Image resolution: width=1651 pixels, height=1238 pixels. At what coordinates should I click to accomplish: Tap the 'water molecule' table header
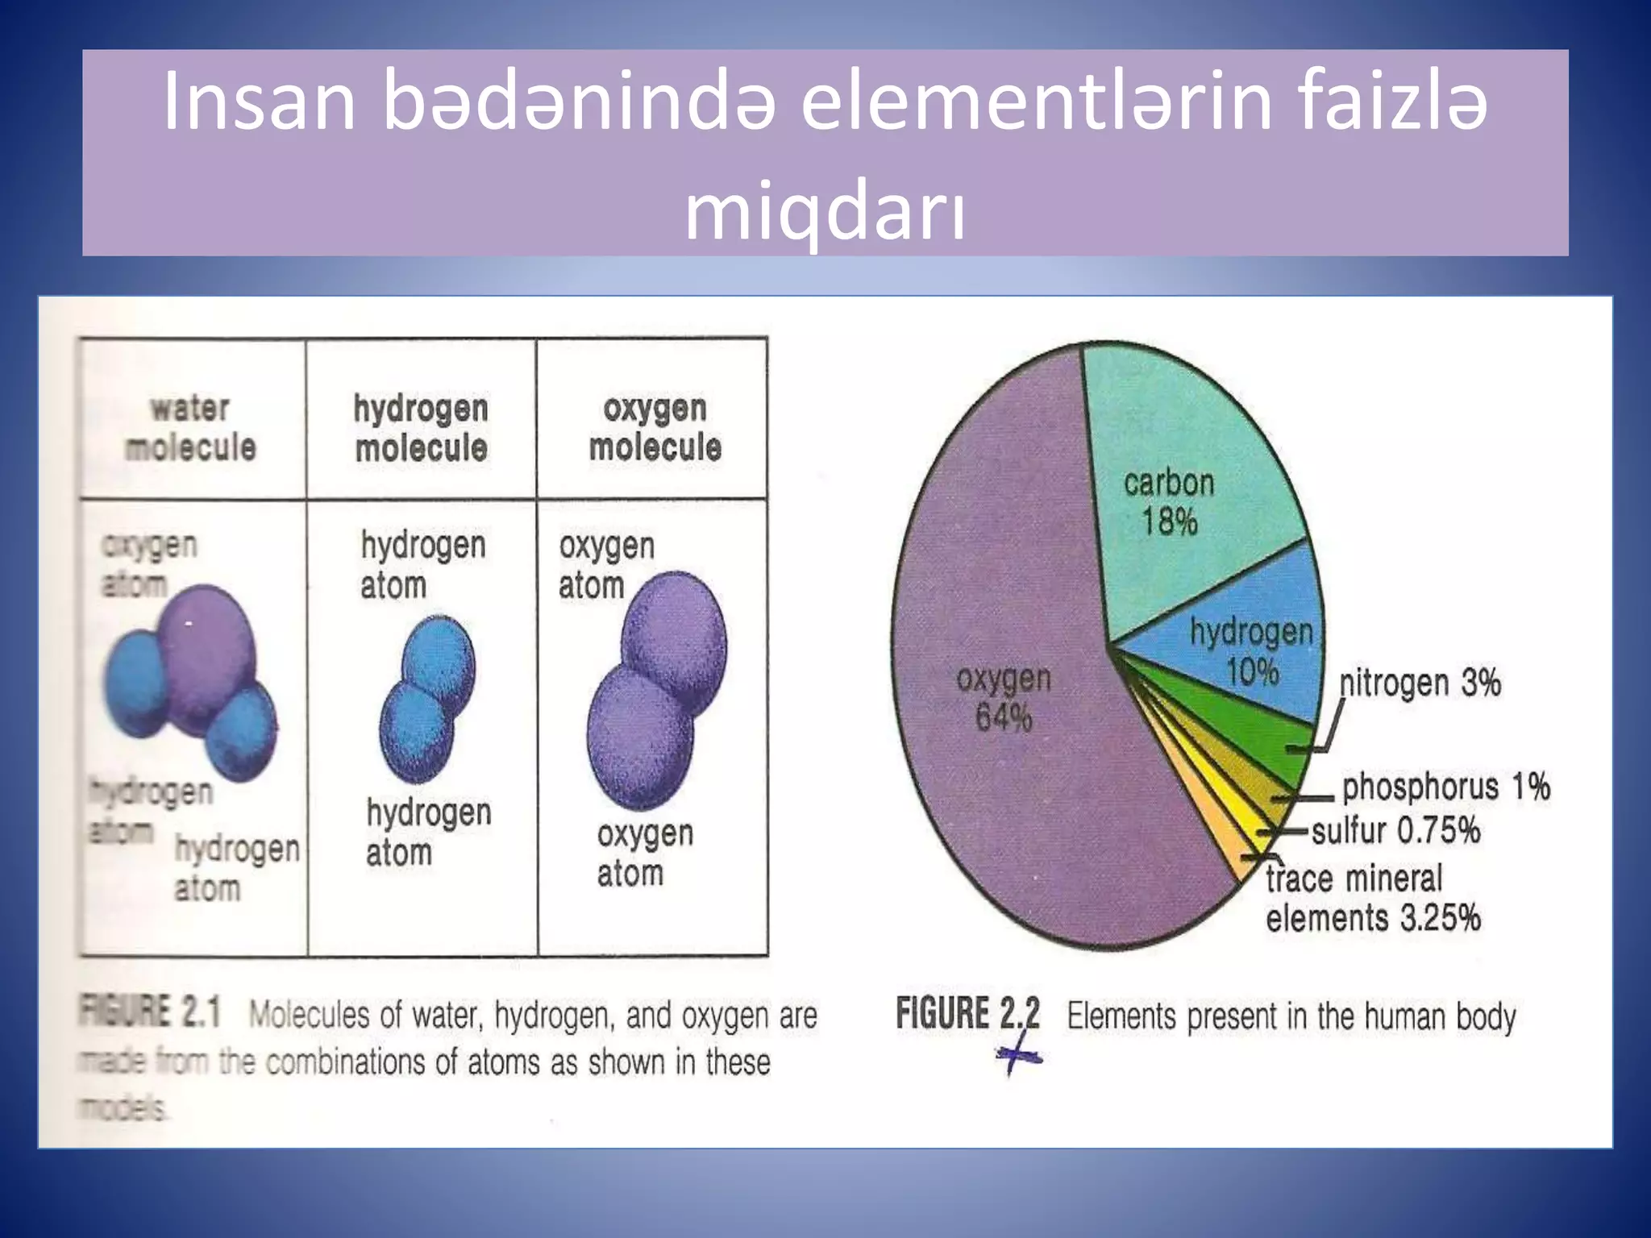point(190,428)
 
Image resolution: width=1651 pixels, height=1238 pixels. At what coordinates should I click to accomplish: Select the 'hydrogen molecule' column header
point(421,428)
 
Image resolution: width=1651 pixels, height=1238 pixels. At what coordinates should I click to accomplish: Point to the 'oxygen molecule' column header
point(655,428)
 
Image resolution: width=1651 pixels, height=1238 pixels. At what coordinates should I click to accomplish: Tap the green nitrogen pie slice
point(1258,725)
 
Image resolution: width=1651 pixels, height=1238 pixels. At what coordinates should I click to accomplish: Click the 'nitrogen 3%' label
point(1420,683)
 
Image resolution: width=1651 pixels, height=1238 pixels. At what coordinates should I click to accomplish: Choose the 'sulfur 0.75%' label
point(1395,830)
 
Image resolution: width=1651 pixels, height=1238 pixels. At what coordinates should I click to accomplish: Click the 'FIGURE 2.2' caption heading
point(967,1014)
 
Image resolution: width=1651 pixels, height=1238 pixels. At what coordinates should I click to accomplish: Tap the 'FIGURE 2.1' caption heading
point(150,1012)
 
